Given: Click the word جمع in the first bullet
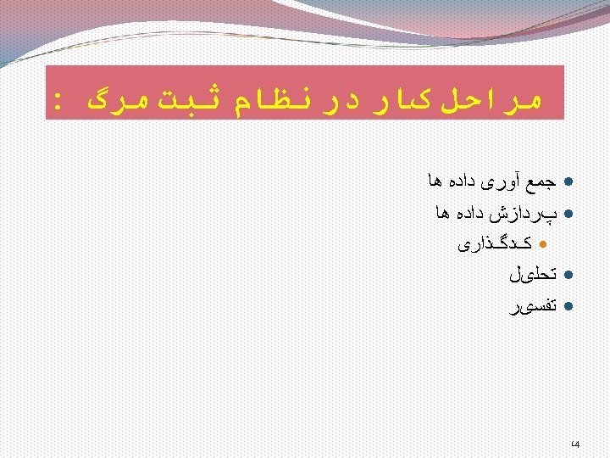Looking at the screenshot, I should (542, 182).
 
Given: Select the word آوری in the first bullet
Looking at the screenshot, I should (500, 182).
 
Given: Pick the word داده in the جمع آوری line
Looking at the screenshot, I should (457, 182).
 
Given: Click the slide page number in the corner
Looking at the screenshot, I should (575, 444).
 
